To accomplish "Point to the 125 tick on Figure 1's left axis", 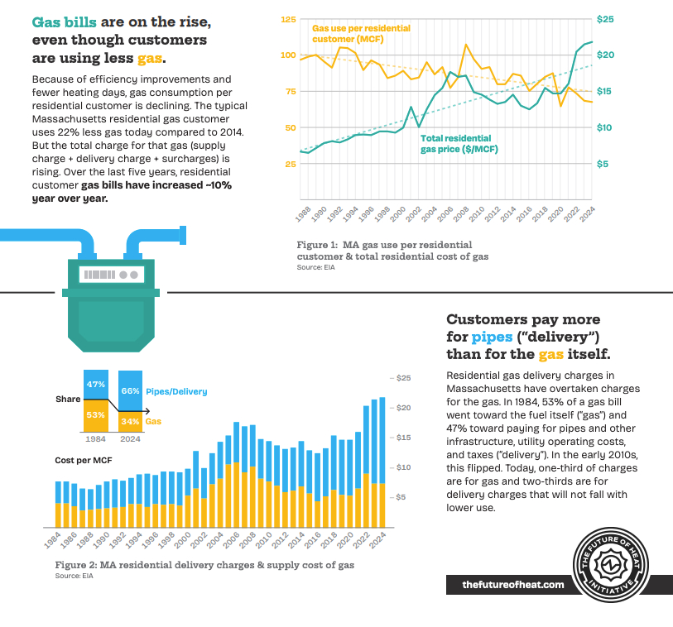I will point(288,18).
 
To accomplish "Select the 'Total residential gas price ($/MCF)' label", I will point(455,144).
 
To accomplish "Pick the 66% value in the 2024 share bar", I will point(131,390).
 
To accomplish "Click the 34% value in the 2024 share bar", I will point(131,421).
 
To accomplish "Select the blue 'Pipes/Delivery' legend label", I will point(176,390).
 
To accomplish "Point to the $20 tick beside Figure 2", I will point(404,408).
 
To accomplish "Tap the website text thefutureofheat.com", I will point(513,585).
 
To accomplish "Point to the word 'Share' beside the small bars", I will point(68,399).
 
